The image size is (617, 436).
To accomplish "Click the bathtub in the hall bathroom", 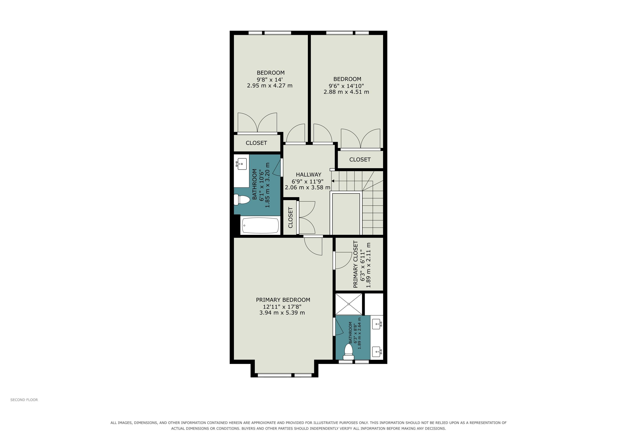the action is point(260,225).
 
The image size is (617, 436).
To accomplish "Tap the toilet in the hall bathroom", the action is point(241,200).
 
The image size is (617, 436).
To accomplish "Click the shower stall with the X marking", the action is point(349,304).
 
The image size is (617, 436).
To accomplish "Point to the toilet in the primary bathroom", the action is point(349,352).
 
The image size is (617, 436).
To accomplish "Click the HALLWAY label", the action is point(308,175).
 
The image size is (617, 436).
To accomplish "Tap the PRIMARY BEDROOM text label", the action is point(283,300).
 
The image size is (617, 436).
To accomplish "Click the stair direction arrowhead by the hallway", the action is point(333,181).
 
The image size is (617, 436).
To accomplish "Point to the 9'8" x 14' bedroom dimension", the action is point(270,79).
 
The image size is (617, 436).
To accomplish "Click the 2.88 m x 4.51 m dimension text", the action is point(346,92).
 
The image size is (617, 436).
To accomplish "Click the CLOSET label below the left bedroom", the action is point(256,143).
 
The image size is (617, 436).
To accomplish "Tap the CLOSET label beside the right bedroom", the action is point(360,159).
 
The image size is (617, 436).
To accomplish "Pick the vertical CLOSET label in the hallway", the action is point(290,217).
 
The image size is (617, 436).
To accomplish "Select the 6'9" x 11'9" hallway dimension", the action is point(308,181).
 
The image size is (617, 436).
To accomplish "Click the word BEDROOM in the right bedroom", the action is point(347,79).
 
